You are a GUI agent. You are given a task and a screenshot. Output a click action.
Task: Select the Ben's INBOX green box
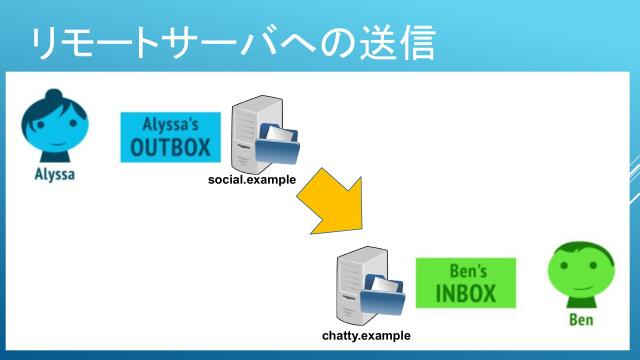coord(465,283)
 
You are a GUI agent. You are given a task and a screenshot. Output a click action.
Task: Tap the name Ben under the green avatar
coord(581,320)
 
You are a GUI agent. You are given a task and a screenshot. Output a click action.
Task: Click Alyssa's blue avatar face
coord(49,129)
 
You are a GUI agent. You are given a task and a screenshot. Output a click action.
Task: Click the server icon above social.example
coord(245,136)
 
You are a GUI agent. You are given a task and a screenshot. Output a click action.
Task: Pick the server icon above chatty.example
coord(356,288)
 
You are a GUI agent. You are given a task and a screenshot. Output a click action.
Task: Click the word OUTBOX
coord(171,148)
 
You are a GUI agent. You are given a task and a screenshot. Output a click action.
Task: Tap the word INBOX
coord(465,293)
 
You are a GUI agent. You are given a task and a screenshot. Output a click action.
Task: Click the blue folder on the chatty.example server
coord(385,297)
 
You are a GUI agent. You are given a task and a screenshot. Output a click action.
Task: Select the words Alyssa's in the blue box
coord(171,124)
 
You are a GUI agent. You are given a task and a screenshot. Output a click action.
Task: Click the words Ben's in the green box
coord(465,270)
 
